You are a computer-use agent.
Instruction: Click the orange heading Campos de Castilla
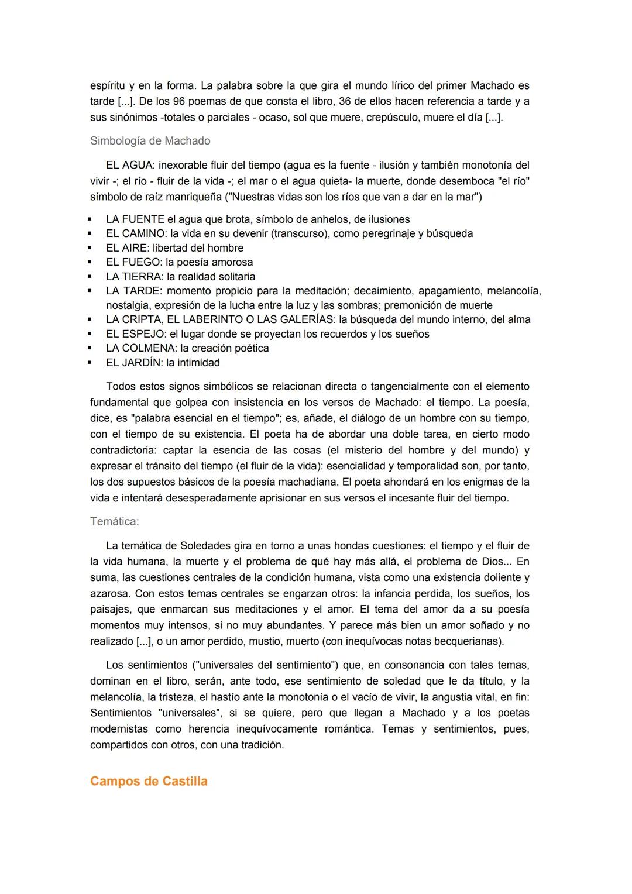pyautogui.click(x=149, y=782)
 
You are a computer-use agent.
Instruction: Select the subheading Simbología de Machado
pyautogui.click(x=150, y=141)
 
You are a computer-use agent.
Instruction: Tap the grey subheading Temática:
pyautogui.click(x=114, y=521)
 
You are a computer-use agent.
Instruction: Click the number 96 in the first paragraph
pyautogui.click(x=180, y=101)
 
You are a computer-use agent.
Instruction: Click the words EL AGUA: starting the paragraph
pyautogui.click(x=130, y=165)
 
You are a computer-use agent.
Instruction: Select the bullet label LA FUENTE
pyautogui.click(x=135, y=219)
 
